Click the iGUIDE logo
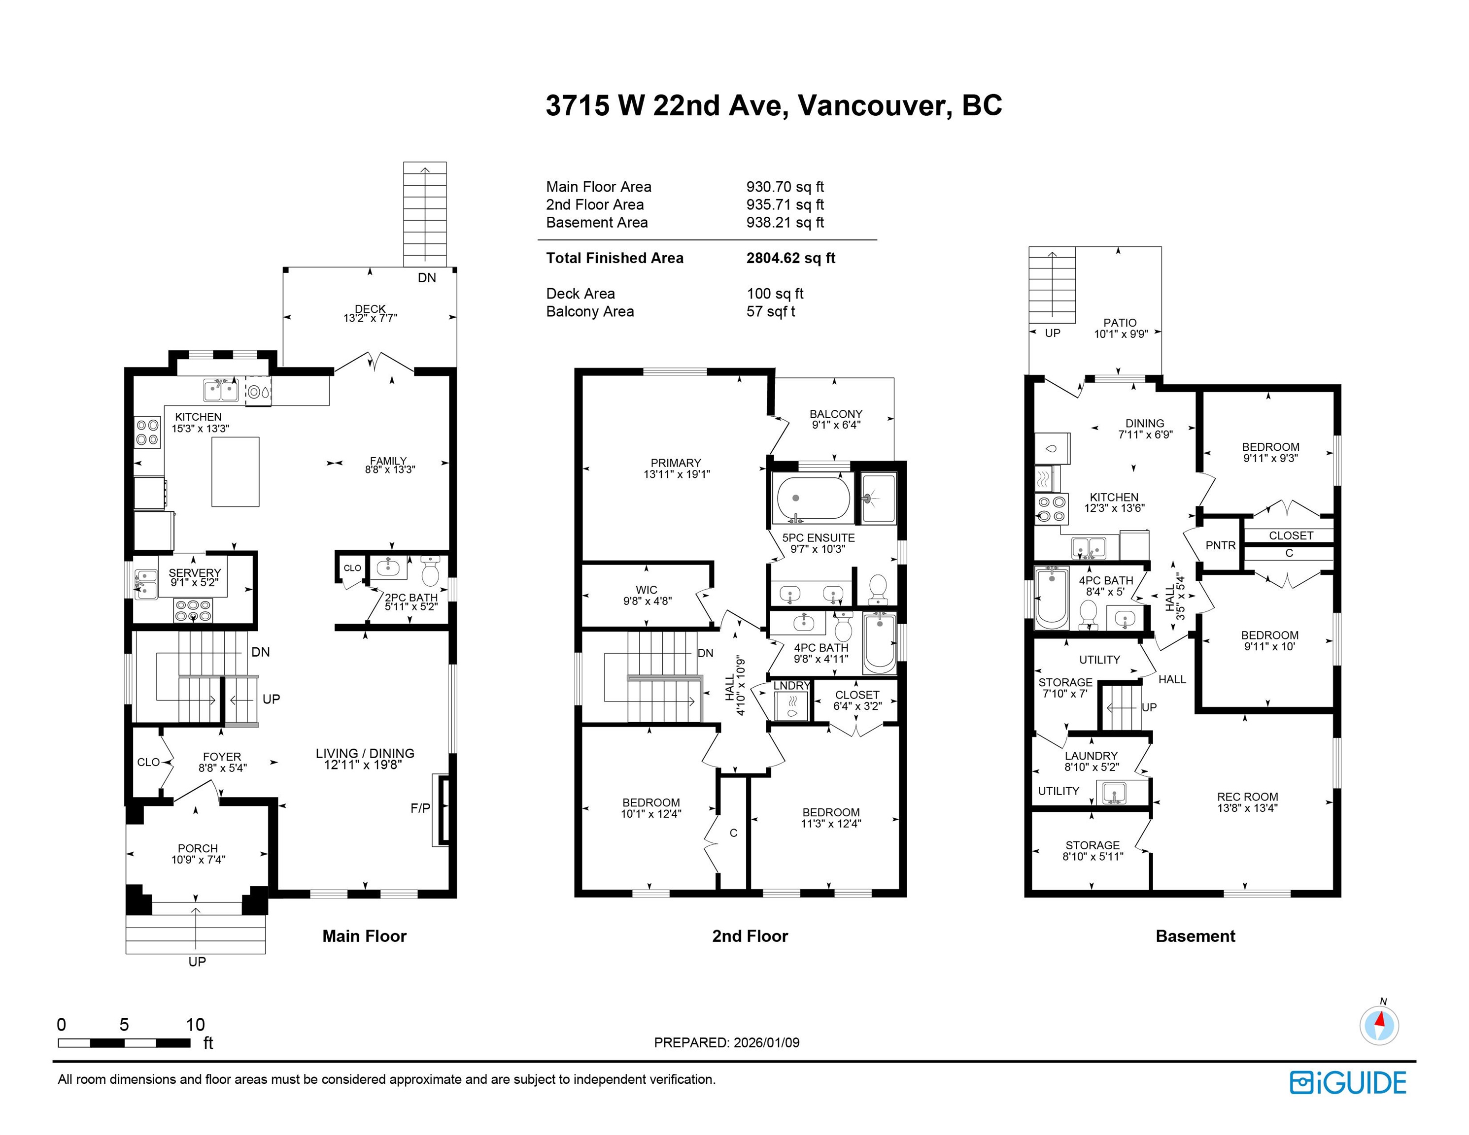[1348, 1083]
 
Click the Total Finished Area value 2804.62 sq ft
[790, 258]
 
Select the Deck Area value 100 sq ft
[775, 294]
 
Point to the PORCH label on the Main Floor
[198, 849]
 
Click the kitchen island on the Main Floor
[236, 471]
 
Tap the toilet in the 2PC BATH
[431, 571]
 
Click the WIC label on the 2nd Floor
[647, 590]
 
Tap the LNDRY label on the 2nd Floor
[792, 686]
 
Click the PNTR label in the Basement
[1221, 545]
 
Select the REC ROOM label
[1248, 797]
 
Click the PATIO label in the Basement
[1120, 323]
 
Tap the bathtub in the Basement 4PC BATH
[1051, 598]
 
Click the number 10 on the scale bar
[195, 1025]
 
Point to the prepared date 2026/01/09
[766, 1043]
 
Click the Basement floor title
[1195, 936]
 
